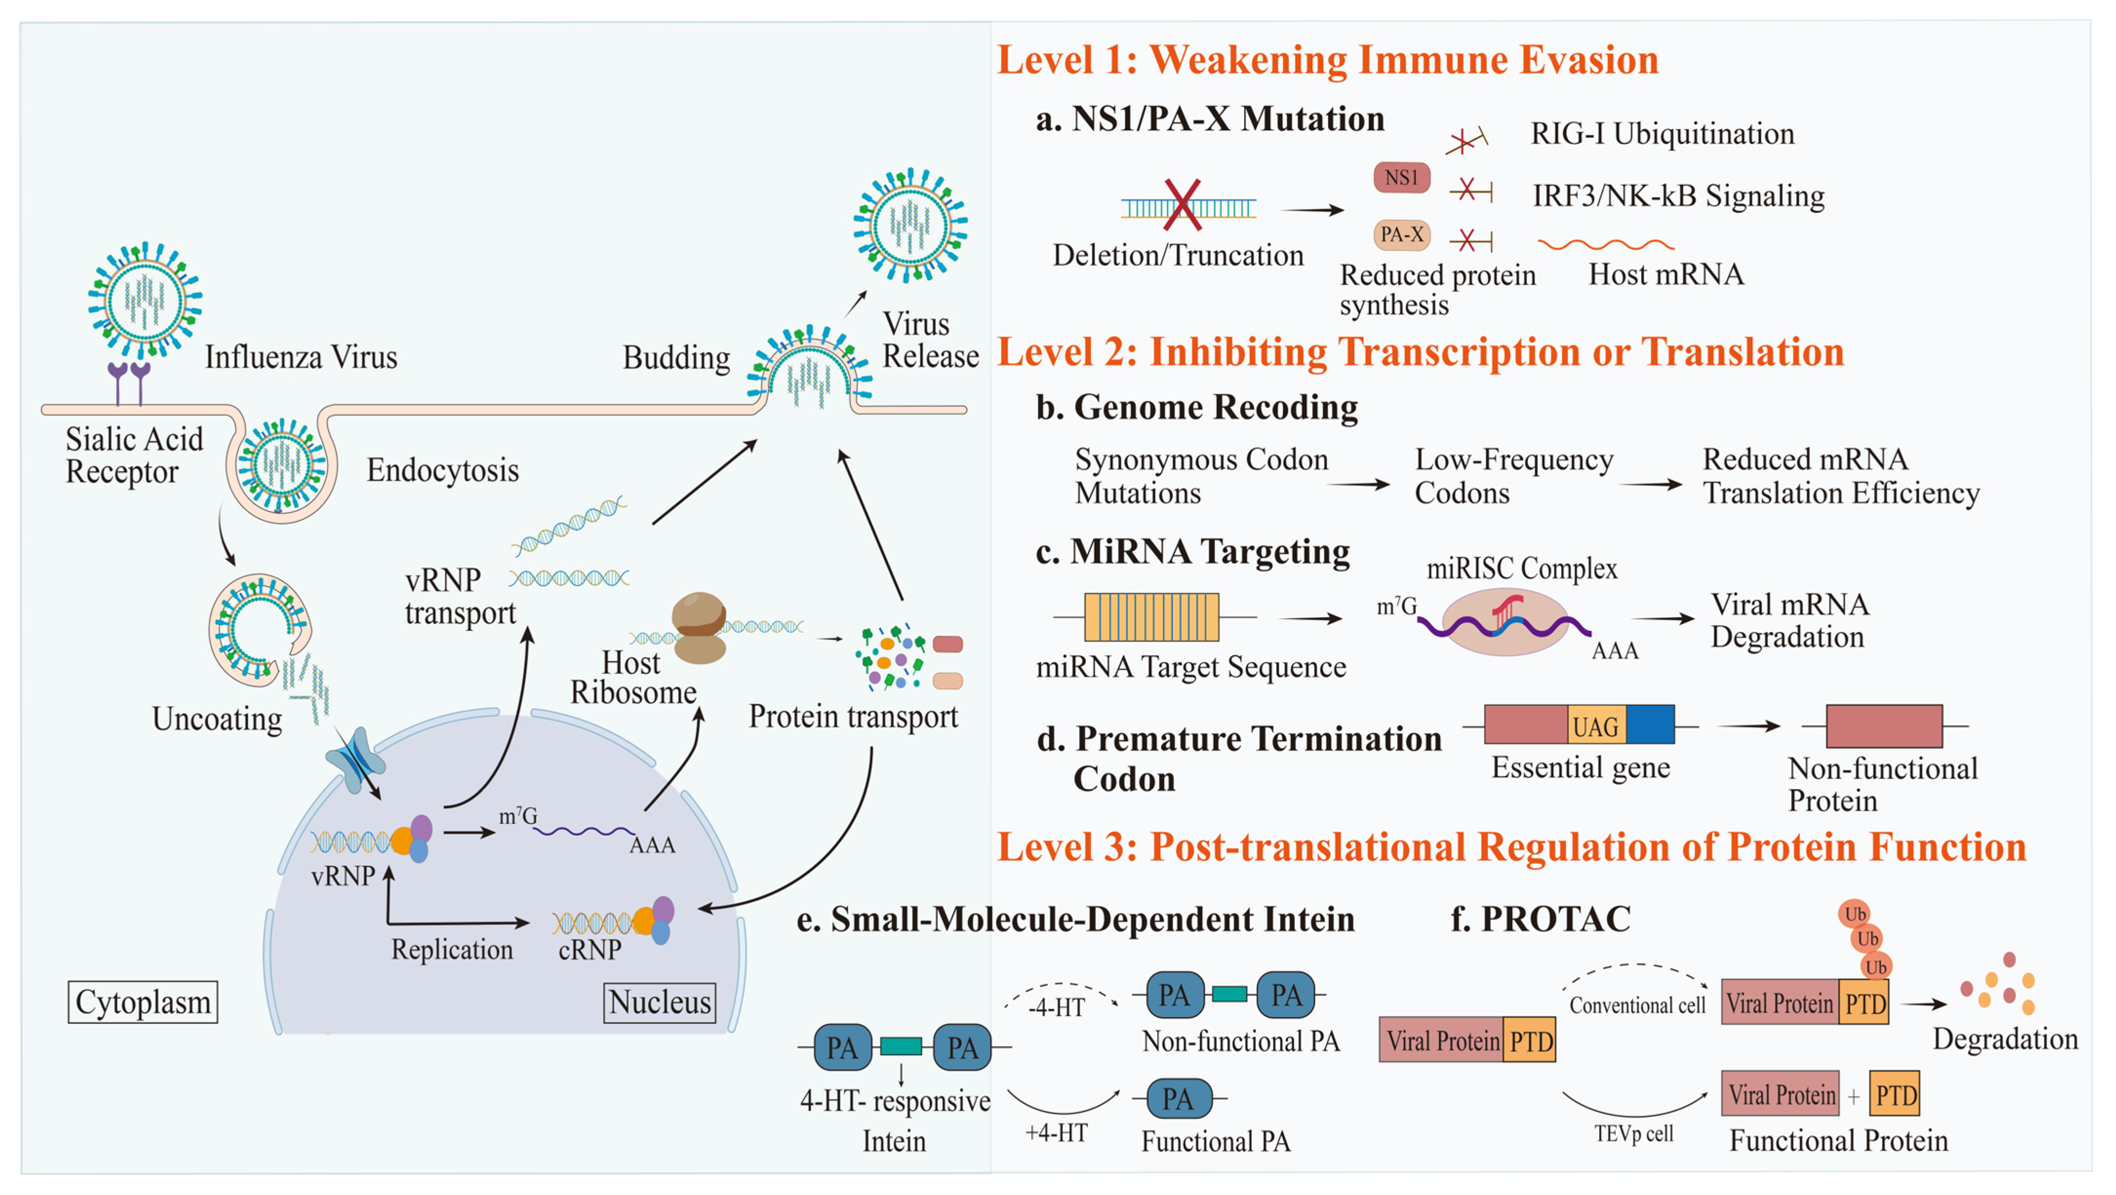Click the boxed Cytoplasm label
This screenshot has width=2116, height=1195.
(143, 1002)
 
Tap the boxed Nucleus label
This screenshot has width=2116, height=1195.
(660, 1002)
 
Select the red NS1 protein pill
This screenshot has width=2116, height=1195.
(1402, 177)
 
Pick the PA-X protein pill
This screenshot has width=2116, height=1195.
(1402, 235)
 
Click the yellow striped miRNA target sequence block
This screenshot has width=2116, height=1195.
(1152, 617)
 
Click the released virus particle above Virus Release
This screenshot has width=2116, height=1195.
(910, 225)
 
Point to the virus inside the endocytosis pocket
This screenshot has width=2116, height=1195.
(282, 464)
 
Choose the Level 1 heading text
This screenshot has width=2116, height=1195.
(1327, 60)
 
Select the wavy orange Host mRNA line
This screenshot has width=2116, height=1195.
(1606, 245)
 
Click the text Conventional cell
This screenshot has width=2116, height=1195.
(1637, 1005)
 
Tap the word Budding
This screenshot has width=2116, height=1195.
(676, 358)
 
